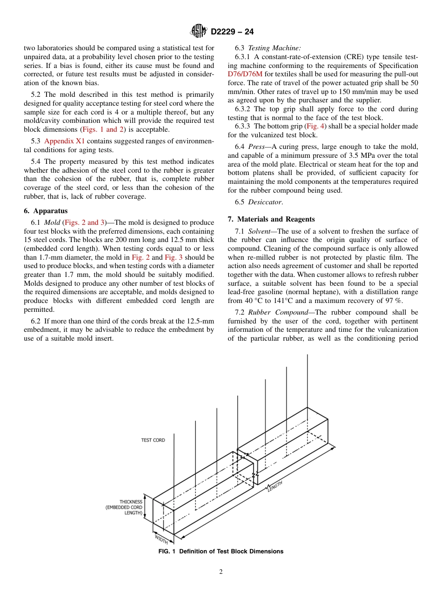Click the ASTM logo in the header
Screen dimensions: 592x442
(199, 32)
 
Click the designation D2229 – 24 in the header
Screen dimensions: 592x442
(232, 32)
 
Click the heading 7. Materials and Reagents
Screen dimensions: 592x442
(271, 219)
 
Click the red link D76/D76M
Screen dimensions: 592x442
(246, 74)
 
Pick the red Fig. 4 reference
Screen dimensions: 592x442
(315, 126)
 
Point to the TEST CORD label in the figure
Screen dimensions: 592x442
(153, 440)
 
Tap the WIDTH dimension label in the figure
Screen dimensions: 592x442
(161, 539)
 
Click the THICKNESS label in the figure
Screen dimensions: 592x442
(131, 502)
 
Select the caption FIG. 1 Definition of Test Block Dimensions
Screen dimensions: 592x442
(221, 552)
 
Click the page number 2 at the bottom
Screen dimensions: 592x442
(221, 572)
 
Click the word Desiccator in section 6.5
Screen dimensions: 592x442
(265, 202)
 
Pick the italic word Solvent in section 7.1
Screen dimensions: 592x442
(260, 231)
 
